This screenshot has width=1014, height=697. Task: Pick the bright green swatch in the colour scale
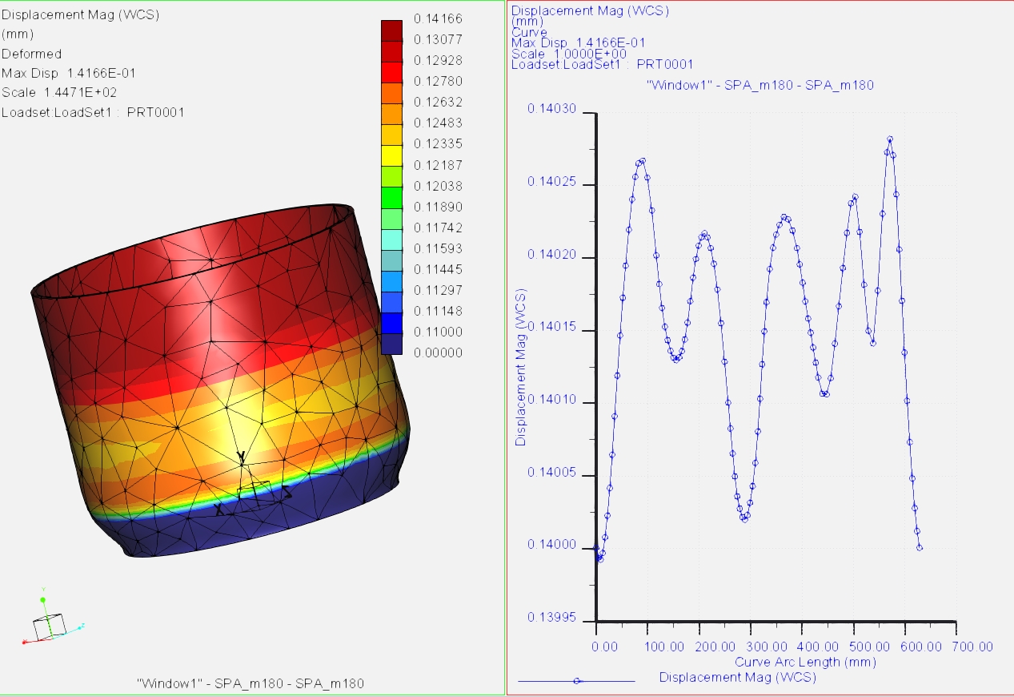(x=391, y=196)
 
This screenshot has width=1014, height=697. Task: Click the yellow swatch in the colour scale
(x=391, y=154)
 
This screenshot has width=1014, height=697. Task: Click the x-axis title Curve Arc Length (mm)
(x=805, y=662)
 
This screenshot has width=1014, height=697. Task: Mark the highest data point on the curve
(x=889, y=139)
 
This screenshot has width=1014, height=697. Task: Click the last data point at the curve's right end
(x=920, y=548)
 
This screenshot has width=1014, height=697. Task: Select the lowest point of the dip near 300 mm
(x=744, y=519)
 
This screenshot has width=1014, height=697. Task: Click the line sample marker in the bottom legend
(x=576, y=681)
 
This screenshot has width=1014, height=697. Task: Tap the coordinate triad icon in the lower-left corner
(x=50, y=622)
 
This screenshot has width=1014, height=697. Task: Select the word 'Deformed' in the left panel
(x=32, y=54)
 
